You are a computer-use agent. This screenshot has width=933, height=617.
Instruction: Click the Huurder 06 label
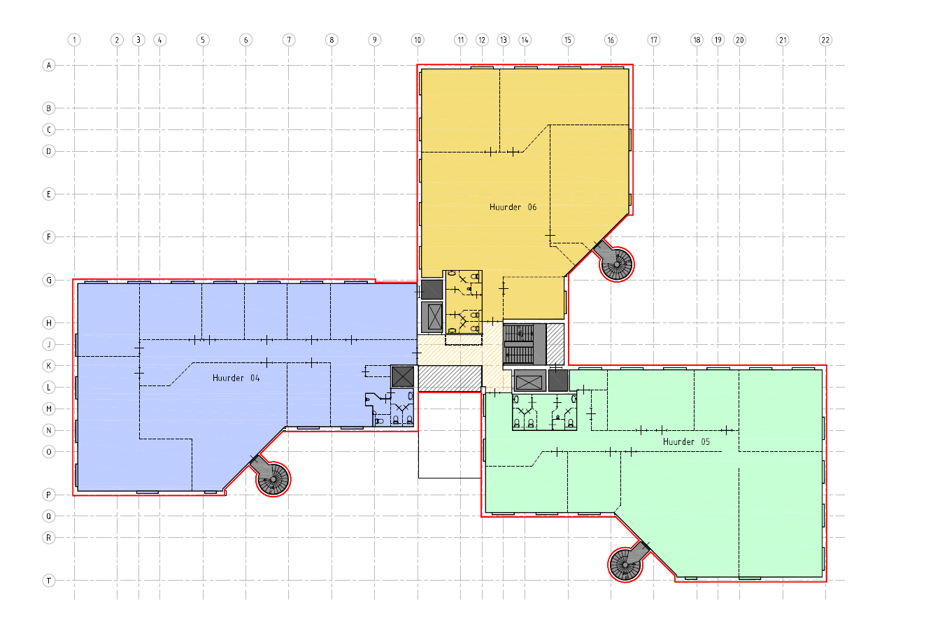pyautogui.click(x=513, y=207)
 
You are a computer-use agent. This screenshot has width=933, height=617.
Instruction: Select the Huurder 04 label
pyautogui.click(x=236, y=378)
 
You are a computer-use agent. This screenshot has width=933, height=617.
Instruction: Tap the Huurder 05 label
pyautogui.click(x=686, y=441)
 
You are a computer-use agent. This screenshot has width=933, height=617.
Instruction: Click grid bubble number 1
pyautogui.click(x=74, y=40)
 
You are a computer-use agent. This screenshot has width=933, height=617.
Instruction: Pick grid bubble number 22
pyautogui.click(x=825, y=40)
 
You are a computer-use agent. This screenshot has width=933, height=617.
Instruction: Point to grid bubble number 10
pyautogui.click(x=418, y=40)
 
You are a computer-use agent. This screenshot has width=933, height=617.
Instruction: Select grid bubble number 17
pyautogui.click(x=653, y=40)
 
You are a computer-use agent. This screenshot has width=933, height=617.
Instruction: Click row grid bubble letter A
pyautogui.click(x=49, y=66)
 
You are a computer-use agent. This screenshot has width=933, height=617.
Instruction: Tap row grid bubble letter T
pyautogui.click(x=49, y=581)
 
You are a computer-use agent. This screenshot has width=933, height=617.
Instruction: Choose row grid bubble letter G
pyautogui.click(x=49, y=280)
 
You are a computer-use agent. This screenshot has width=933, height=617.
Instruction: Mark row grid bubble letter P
pyautogui.click(x=49, y=495)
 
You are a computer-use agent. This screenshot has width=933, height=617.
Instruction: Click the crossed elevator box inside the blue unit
pyautogui.click(x=403, y=376)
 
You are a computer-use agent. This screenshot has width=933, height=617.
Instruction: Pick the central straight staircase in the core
pyautogui.click(x=519, y=344)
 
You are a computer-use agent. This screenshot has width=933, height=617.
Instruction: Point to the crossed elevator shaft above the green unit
pyautogui.click(x=529, y=381)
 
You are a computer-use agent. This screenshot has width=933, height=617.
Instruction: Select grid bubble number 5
pyautogui.click(x=203, y=40)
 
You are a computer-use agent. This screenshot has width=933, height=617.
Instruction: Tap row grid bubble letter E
pyautogui.click(x=49, y=194)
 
